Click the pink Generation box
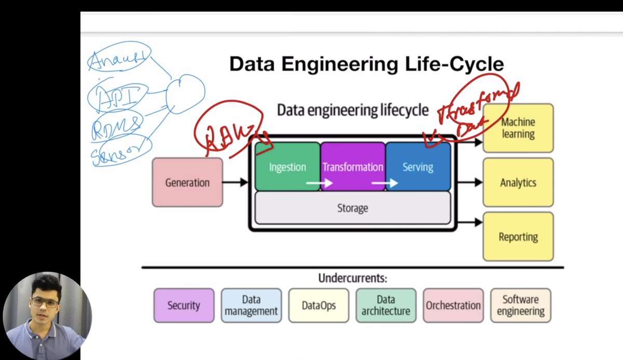187,182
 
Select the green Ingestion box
287,167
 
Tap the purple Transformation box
353,167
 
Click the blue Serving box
418,167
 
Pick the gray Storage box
353,208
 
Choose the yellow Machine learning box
518,128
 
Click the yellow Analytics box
518,182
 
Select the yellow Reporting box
518,237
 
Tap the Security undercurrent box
183,305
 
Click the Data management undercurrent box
251,305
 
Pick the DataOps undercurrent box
318,305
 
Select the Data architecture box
386,305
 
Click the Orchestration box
453,305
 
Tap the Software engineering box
520,305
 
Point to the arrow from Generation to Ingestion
236,182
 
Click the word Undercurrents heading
353,278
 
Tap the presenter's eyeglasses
45,302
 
